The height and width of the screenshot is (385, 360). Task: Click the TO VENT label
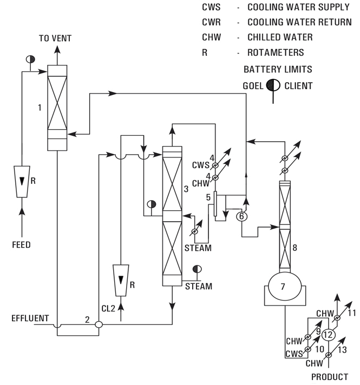pos(55,38)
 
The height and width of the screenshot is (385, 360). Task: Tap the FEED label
pos(22,245)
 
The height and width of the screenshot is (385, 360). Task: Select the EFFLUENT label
pos(30,318)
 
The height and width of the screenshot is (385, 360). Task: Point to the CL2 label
pos(108,308)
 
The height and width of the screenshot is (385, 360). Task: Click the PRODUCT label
pos(330,377)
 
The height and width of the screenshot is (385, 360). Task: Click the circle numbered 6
pos(242,216)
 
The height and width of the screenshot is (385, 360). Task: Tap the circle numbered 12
pos(328,335)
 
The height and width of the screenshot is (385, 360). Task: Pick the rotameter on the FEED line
pos(22,182)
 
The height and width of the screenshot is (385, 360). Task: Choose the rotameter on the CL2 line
pos(121,280)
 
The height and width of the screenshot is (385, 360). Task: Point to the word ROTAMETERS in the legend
pos(276,52)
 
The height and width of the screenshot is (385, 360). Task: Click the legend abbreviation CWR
pos(211,22)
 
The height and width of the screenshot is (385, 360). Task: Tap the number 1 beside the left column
pos(40,108)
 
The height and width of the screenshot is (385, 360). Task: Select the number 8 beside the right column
pos(294,248)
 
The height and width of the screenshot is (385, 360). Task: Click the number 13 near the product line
pos(342,350)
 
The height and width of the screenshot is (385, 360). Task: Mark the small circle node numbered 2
pos(99,324)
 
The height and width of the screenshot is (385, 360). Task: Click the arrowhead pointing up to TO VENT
pos(57,50)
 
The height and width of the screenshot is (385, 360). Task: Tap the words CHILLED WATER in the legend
pos(280,37)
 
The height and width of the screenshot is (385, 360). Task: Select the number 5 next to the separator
pos(208,197)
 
